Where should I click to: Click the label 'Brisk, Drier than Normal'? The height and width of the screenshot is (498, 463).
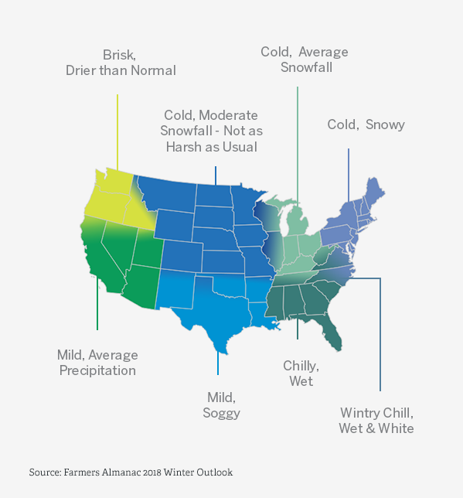[x=120, y=63]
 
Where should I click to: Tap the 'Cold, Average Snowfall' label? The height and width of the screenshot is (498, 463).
[x=304, y=60]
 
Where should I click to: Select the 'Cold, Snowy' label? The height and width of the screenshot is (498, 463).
[x=366, y=124]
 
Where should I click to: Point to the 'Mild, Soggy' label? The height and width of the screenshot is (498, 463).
[x=222, y=405]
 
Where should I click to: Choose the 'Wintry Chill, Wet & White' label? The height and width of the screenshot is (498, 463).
[x=376, y=421]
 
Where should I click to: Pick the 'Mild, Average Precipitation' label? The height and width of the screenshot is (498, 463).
[x=97, y=363]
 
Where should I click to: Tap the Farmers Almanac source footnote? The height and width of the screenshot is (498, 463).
[x=131, y=472]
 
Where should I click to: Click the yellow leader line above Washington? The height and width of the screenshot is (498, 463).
[x=117, y=131]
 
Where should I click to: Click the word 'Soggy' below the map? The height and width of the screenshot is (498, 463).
[x=222, y=413]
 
